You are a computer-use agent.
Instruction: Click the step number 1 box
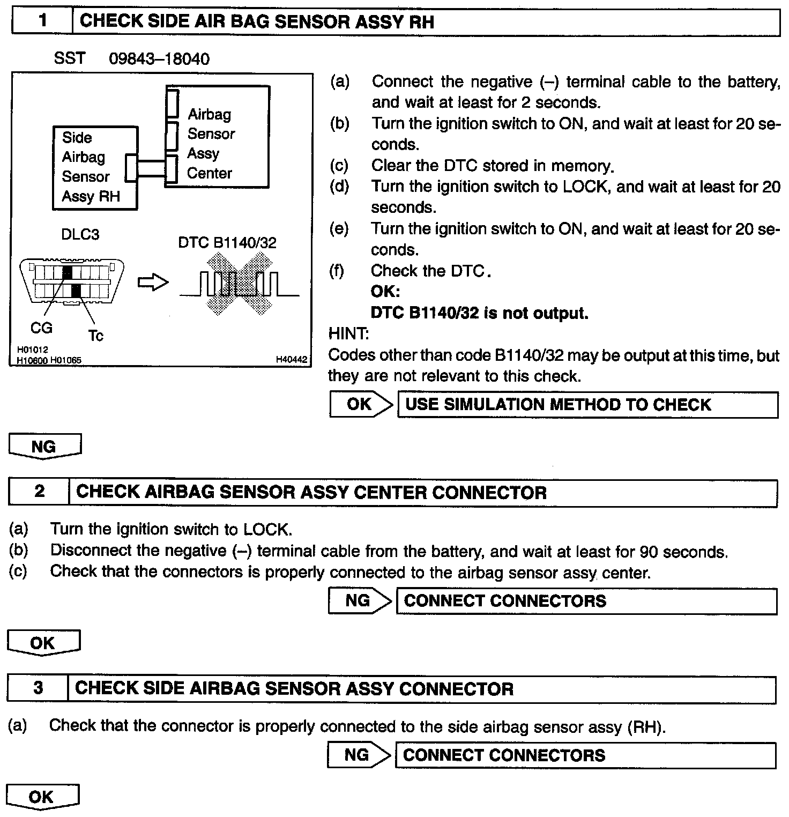42,22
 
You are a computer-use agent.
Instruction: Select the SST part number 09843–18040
159,58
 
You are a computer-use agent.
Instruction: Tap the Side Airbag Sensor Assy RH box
95,167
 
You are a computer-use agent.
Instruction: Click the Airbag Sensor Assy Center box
217,136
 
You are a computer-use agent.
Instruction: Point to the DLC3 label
80,234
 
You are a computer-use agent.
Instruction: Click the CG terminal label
41,327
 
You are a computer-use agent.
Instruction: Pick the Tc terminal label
95,336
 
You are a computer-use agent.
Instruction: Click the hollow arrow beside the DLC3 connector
153,283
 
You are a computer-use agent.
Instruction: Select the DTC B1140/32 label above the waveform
227,243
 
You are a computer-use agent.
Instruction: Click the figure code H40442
292,360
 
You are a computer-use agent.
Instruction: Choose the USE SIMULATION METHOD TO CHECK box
587,405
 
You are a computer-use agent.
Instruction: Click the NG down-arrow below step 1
45,447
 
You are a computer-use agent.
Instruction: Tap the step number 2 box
39,492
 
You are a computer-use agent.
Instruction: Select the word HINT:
348,334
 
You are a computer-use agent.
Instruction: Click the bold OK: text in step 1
385,292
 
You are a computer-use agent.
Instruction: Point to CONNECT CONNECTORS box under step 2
586,601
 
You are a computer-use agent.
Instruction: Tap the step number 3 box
38,688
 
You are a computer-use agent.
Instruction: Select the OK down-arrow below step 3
42,797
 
